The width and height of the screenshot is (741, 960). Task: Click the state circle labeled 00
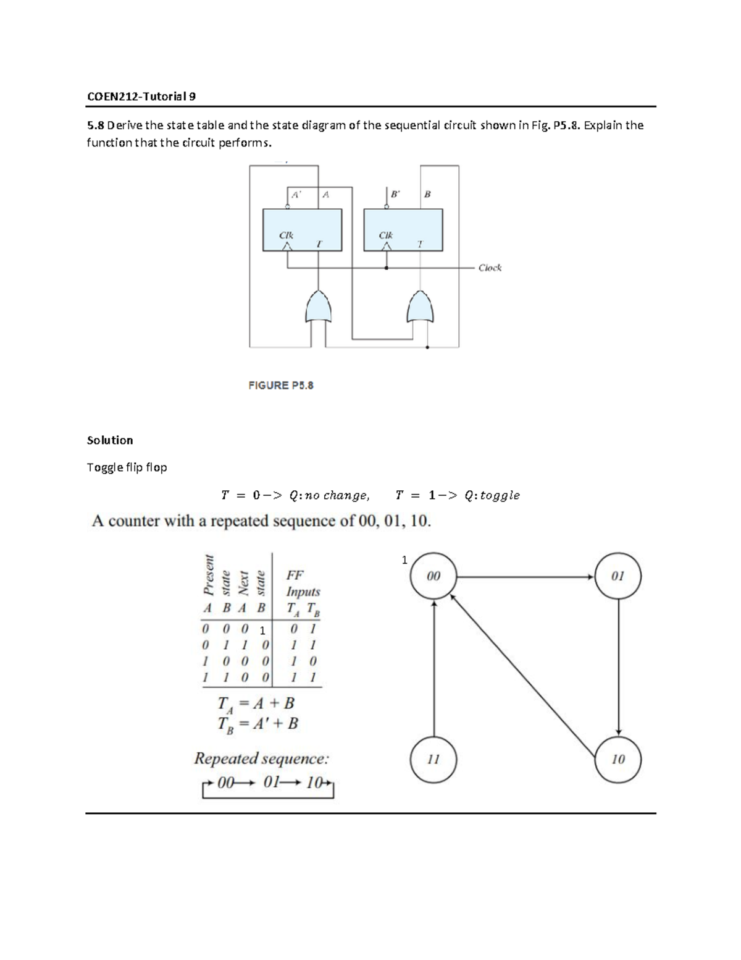(433, 576)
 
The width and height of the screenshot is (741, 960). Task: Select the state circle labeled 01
(618, 576)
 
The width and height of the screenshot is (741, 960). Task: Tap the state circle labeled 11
(433, 759)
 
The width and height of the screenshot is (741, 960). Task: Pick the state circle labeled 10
(618, 759)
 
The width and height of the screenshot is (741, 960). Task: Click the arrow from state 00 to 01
(525, 577)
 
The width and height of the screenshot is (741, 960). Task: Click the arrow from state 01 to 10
(619, 668)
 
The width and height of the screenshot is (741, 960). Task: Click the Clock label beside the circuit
(490, 268)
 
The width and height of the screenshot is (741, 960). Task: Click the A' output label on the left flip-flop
(296, 195)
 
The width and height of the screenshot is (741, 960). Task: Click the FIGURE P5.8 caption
(281, 385)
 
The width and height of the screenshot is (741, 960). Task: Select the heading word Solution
(110, 440)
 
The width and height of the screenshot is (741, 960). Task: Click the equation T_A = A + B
(256, 703)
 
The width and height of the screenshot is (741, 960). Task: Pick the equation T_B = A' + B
(257, 724)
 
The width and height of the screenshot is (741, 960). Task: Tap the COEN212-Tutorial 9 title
(141, 96)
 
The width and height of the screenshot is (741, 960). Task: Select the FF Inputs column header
(303, 583)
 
